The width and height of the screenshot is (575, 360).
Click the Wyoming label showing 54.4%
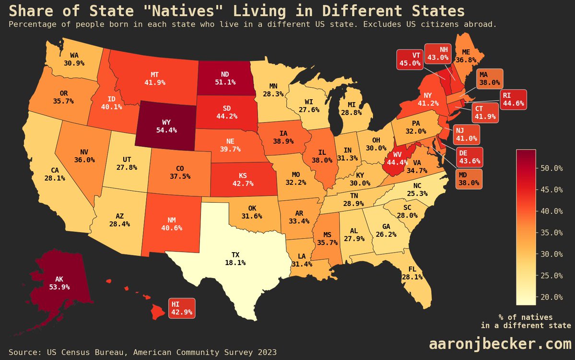point(165,126)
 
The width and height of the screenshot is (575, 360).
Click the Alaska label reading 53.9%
point(59,283)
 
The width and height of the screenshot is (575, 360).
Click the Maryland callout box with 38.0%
point(468,178)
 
